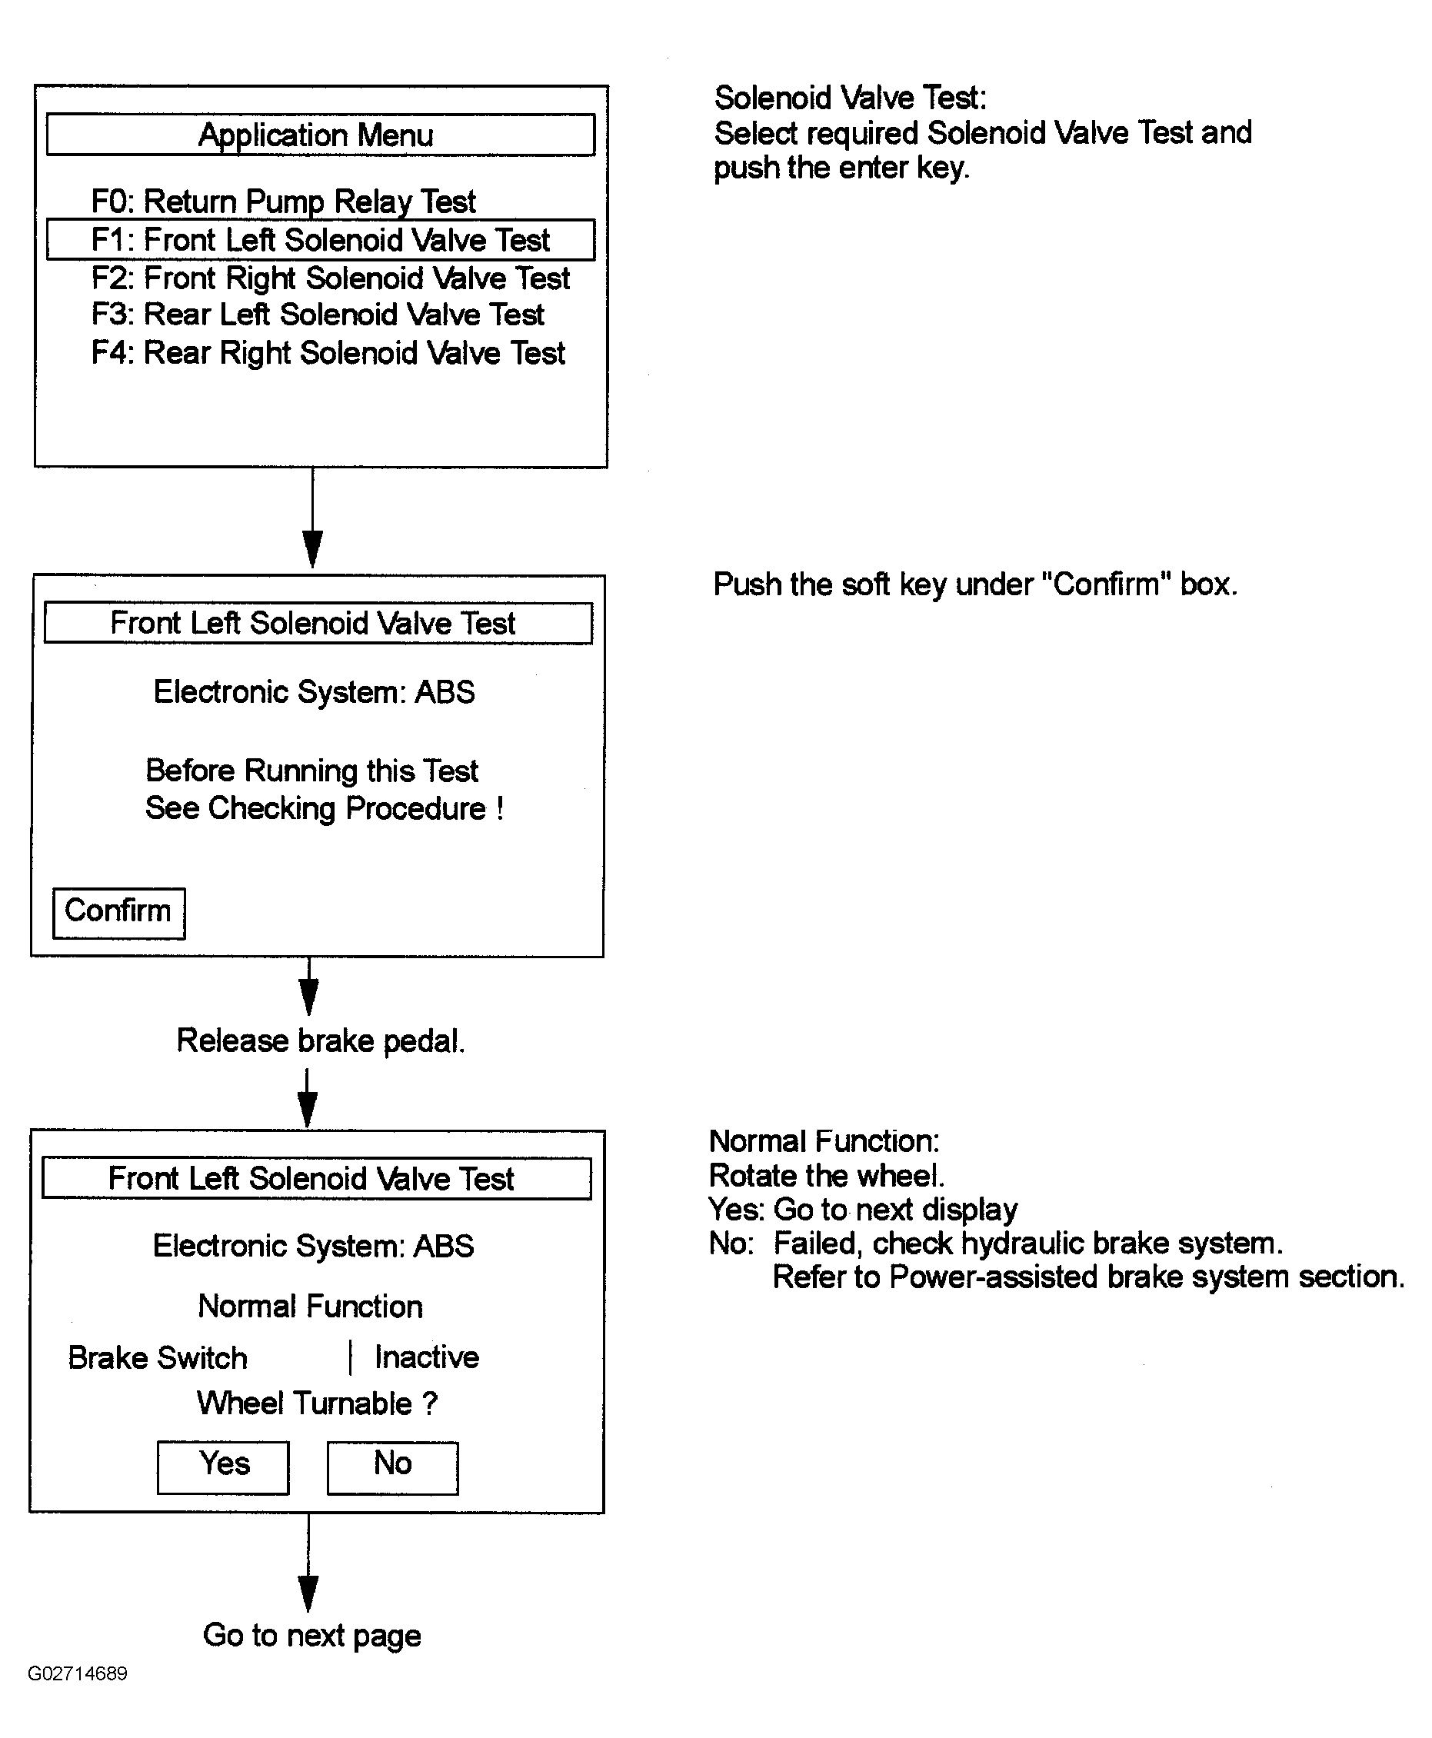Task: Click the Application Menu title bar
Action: (x=320, y=135)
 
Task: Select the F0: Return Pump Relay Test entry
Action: (x=283, y=201)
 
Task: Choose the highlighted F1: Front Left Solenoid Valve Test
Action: (x=320, y=239)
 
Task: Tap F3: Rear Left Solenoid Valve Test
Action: (x=318, y=315)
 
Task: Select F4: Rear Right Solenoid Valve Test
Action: (x=328, y=353)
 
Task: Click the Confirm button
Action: (x=118, y=913)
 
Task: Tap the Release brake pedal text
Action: (x=321, y=1040)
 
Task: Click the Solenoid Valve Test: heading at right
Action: (x=851, y=98)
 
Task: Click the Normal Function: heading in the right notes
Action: (x=824, y=1140)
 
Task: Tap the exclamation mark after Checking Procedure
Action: (x=500, y=807)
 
